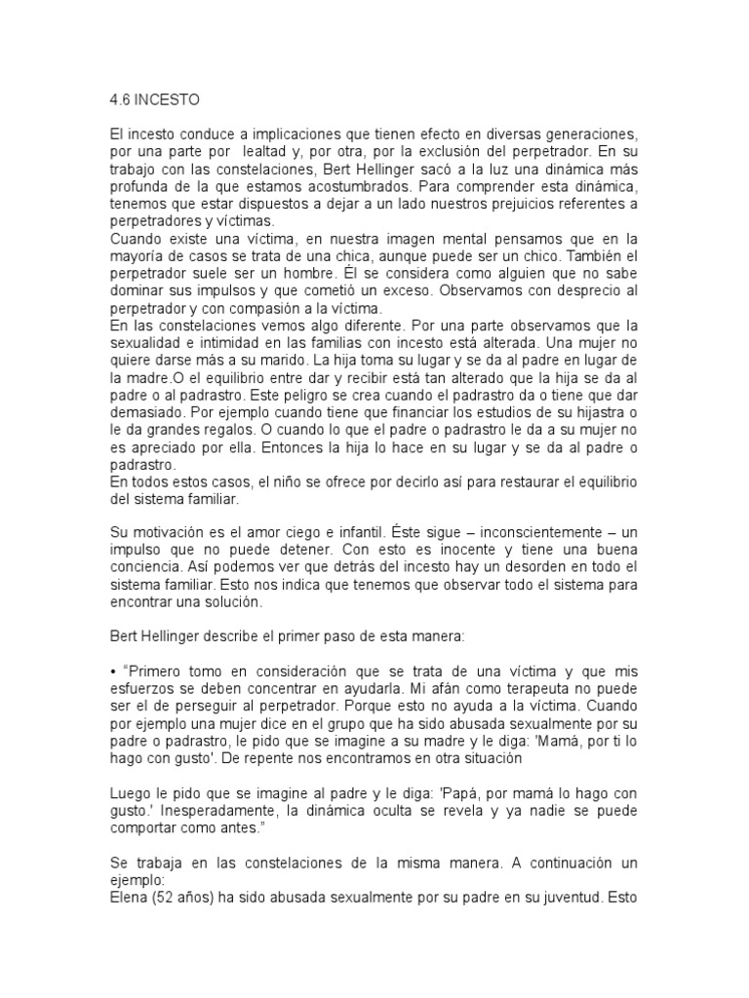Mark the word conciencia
point(149,568)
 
